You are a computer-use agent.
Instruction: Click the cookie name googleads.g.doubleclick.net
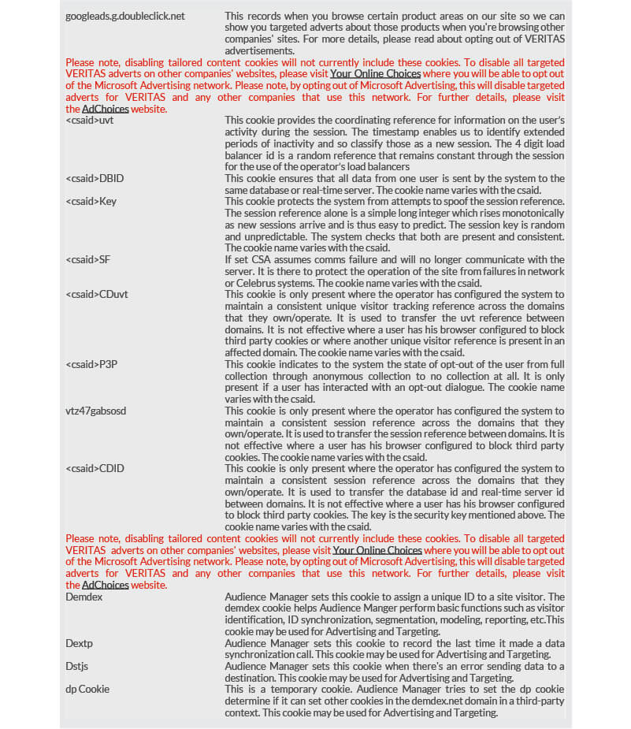pyautogui.click(x=125, y=16)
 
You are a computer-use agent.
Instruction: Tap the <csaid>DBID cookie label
pyautogui.click(x=95, y=178)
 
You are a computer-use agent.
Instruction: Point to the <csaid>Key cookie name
pyautogui.click(x=91, y=201)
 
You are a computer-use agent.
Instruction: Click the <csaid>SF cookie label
pyautogui.click(x=87, y=259)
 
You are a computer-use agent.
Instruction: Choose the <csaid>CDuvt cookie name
pyautogui.click(x=97, y=294)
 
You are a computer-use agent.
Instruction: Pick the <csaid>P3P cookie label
pyautogui.click(x=91, y=364)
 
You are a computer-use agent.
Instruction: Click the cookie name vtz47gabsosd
pyautogui.click(x=96, y=411)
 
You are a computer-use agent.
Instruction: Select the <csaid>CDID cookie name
pyautogui.click(x=95, y=469)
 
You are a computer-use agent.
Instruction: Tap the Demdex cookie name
pyautogui.click(x=84, y=597)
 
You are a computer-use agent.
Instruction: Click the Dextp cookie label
pyautogui.click(x=80, y=644)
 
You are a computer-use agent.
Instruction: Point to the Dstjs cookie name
pyautogui.click(x=77, y=667)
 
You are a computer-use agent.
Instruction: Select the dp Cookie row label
pyautogui.click(x=87, y=690)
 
